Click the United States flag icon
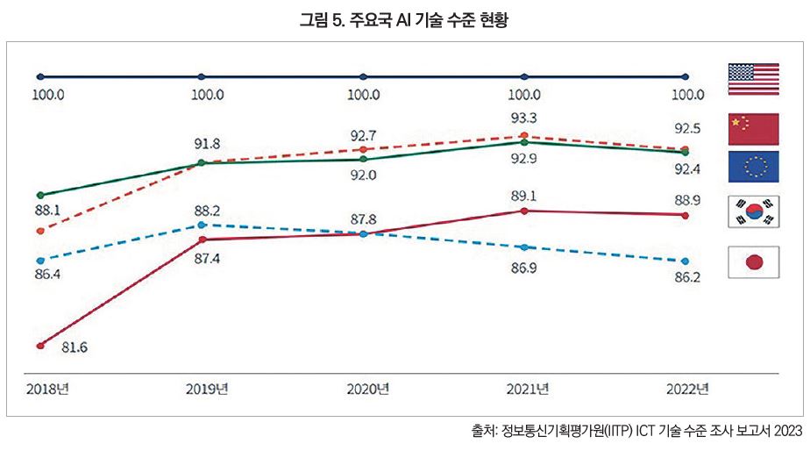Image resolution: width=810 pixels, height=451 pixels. [x=753, y=78]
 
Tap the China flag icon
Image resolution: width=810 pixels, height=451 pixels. [x=753, y=128]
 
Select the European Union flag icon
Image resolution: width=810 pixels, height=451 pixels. [x=753, y=165]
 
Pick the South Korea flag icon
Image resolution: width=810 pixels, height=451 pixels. [x=753, y=211]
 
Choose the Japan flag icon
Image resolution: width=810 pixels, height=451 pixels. [x=753, y=262]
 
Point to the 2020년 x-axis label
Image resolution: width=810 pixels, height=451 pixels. [x=365, y=387]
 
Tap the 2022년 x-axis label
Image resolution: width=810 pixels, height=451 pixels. [x=685, y=387]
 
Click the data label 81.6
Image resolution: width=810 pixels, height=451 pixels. [x=75, y=347]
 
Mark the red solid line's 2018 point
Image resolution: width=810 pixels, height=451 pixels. [x=40, y=345]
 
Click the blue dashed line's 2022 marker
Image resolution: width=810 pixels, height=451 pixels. [x=686, y=261]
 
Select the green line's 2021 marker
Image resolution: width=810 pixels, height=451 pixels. [x=523, y=142]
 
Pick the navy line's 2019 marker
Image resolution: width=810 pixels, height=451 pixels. [x=202, y=76]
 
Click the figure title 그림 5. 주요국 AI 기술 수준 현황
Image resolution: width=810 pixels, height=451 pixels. [x=404, y=19]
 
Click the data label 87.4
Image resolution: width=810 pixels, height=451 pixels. [x=207, y=258]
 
